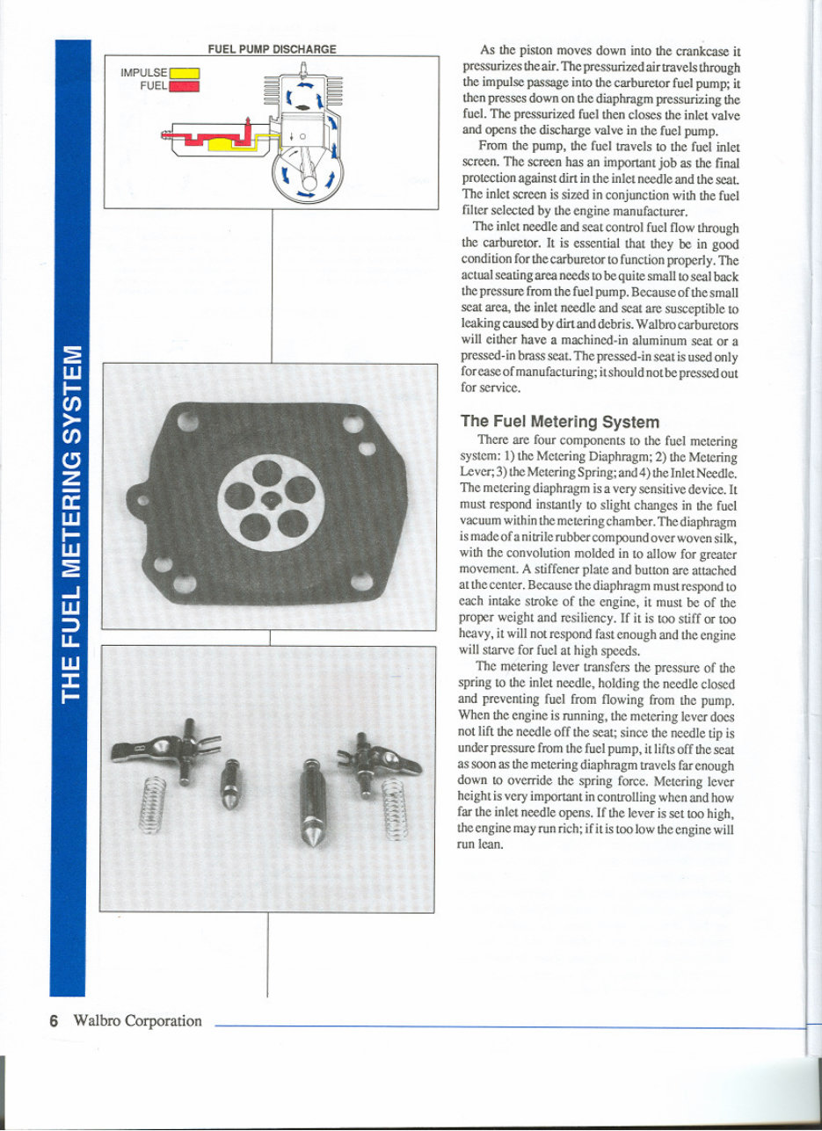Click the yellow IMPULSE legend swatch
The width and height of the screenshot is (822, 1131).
point(185,73)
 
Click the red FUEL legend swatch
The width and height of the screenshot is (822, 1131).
point(185,86)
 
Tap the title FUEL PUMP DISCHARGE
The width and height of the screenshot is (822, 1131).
point(271,49)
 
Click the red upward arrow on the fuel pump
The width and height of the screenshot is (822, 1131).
point(249,122)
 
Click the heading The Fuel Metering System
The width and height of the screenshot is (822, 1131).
point(560,422)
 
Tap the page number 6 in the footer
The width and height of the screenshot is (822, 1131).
point(54,1020)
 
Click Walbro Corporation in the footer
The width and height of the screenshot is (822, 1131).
point(138,1020)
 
